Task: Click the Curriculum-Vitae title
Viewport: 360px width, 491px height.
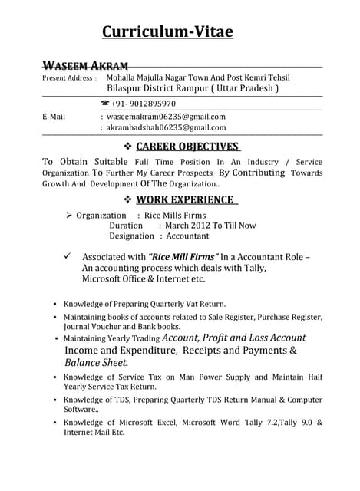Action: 167,31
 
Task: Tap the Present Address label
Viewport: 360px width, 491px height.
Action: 68,78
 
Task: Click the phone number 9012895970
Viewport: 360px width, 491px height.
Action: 144,104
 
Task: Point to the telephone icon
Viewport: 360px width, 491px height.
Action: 104,104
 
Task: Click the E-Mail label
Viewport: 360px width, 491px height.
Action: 53,117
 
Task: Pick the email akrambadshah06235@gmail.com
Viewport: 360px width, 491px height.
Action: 166,127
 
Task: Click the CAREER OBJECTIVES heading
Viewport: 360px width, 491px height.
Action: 188,146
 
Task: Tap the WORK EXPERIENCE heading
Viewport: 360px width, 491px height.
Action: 187,199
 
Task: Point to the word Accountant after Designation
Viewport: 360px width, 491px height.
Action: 182,236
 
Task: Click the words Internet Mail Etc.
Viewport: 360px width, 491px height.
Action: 94,433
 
